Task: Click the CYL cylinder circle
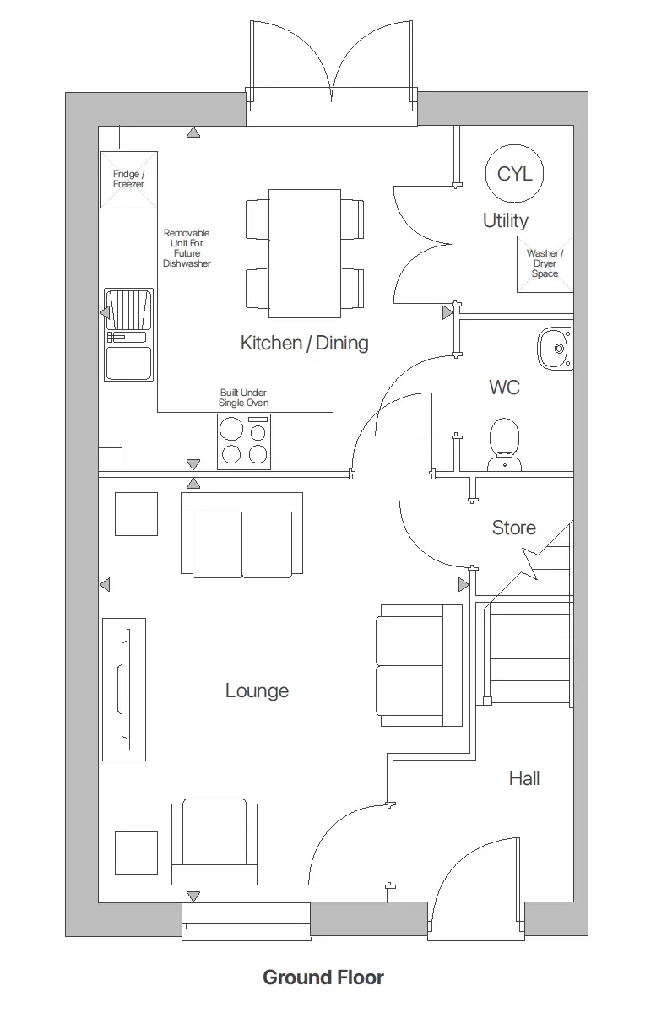(514, 174)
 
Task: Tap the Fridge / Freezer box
(129, 179)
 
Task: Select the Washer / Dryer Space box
(545, 263)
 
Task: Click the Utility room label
(506, 220)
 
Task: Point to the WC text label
(504, 387)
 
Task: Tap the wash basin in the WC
(556, 347)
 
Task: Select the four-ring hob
(244, 442)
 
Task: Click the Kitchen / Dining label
(304, 343)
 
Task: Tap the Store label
(513, 528)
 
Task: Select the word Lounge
(257, 690)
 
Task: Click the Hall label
(523, 777)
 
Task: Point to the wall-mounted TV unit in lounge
(123, 689)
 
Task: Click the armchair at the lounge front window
(214, 842)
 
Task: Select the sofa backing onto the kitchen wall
(241, 535)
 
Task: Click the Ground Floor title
(323, 977)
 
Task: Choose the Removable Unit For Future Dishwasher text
(187, 248)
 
